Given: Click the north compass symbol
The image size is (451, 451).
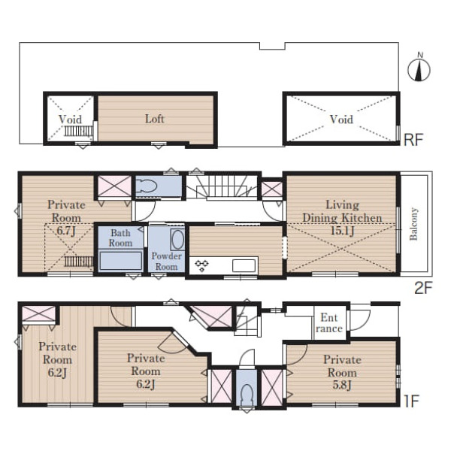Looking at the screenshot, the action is [419, 68].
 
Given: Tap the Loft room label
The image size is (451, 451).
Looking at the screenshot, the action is [154, 119].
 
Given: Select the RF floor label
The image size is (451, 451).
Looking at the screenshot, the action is [413, 140].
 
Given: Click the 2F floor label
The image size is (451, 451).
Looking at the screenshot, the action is [423, 288].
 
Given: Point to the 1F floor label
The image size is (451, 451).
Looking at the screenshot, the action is [411, 401].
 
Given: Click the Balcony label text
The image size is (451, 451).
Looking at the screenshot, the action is [413, 224].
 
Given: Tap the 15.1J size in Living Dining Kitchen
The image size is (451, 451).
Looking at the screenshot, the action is [342, 231].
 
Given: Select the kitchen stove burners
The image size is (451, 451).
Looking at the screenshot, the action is [201, 265].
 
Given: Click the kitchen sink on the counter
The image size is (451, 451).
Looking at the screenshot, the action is [244, 265].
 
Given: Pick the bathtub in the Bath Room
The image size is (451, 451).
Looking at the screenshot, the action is [121, 261].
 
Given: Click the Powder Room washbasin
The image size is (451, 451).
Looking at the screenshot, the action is [177, 239].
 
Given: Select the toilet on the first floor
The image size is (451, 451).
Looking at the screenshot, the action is [247, 395].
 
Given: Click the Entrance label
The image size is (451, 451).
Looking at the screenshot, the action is [329, 323].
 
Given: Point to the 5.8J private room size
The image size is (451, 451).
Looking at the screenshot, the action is [342, 385].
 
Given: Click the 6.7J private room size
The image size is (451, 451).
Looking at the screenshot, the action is [66, 231].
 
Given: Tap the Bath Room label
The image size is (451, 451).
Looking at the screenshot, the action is [120, 238].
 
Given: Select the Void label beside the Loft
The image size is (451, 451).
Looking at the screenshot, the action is [70, 119].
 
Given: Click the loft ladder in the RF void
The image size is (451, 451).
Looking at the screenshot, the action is [78, 131].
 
